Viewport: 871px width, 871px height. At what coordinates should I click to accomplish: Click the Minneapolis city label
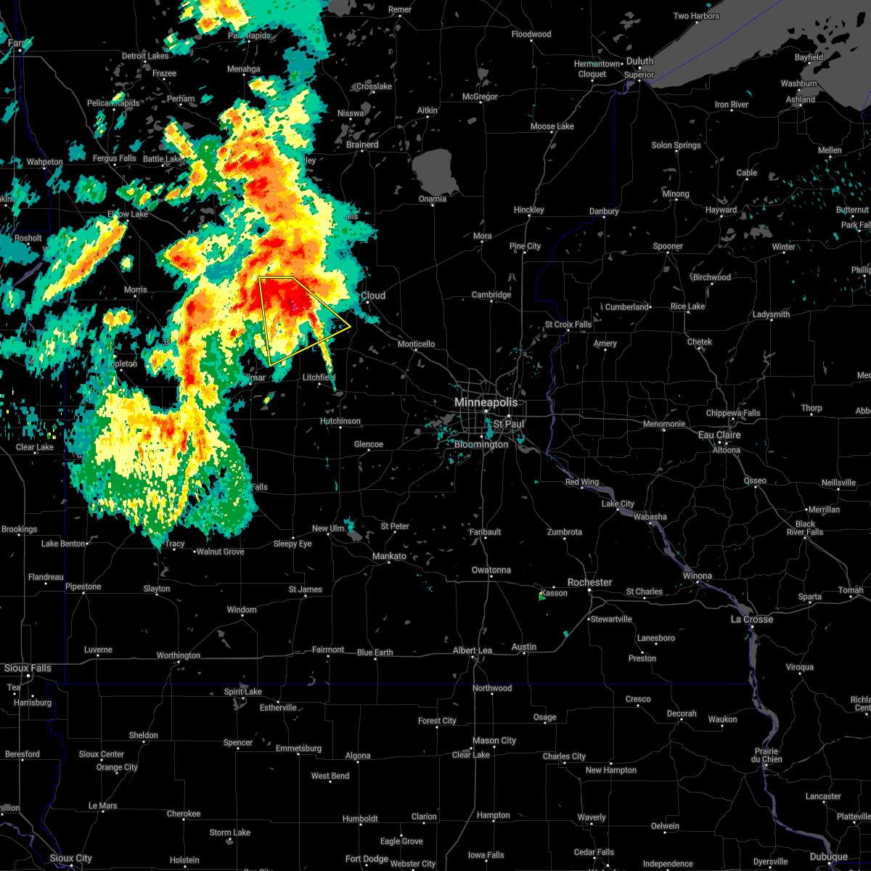(x=486, y=402)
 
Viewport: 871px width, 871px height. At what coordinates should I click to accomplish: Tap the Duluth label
(x=640, y=62)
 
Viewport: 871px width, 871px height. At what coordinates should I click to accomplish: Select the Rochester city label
(x=590, y=583)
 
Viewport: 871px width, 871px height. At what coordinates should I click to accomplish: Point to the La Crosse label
(x=751, y=619)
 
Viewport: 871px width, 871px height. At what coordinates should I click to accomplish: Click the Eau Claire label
(x=719, y=435)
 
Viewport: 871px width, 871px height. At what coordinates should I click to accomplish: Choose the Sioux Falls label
(x=28, y=668)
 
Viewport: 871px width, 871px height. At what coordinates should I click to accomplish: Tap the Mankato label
(x=389, y=557)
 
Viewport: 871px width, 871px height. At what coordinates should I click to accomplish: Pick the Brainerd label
(x=362, y=144)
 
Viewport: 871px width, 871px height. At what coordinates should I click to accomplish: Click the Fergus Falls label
(x=114, y=158)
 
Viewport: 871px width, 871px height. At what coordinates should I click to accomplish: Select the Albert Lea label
(x=473, y=650)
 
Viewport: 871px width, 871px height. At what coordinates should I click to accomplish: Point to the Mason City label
(x=494, y=741)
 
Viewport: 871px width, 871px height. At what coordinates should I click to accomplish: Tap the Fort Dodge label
(x=367, y=859)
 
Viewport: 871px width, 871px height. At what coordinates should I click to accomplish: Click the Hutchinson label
(x=340, y=421)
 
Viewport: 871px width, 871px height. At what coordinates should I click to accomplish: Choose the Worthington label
(x=179, y=655)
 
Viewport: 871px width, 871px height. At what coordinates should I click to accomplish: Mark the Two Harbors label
(x=696, y=16)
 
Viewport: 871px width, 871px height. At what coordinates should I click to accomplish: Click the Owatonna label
(x=491, y=570)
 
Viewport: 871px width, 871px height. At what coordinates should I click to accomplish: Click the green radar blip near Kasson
(x=541, y=597)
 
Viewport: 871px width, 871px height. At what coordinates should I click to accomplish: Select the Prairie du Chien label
(x=767, y=756)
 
